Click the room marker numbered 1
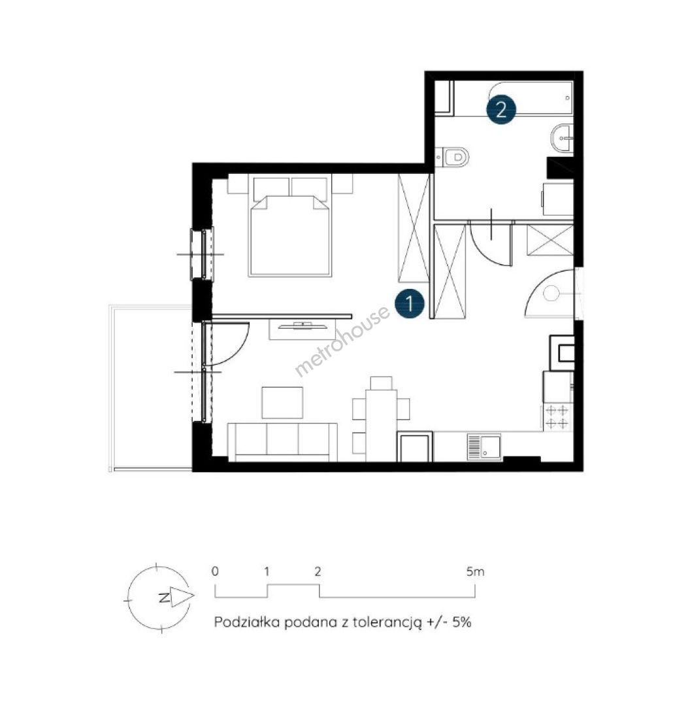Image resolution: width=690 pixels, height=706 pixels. click(x=410, y=303)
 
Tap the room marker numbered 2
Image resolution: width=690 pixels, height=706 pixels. click(x=501, y=109)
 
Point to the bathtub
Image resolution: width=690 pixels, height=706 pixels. click(x=513, y=98)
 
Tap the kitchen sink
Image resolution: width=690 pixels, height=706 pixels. click(x=484, y=446)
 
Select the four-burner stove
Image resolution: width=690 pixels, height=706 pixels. click(x=558, y=417)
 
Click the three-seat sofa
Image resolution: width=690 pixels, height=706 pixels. click(x=283, y=442)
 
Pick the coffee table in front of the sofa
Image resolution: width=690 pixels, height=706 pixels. click(x=282, y=403)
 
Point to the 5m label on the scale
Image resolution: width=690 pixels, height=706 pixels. click(x=475, y=572)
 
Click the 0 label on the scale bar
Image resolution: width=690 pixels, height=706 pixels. click(x=215, y=571)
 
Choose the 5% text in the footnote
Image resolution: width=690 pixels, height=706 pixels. click(x=462, y=622)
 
